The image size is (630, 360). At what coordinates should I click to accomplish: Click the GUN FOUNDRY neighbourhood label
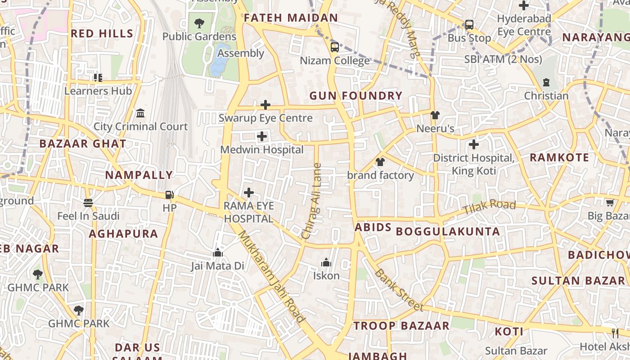pyautogui.click(x=355, y=95)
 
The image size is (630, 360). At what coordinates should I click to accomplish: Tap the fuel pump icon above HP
pyautogui.click(x=169, y=195)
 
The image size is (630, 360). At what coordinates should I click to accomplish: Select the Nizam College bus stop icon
pyautogui.click(x=334, y=47)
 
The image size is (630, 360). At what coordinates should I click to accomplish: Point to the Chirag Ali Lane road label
pyautogui.click(x=312, y=201)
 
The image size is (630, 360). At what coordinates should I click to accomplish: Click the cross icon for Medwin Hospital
pyautogui.click(x=261, y=136)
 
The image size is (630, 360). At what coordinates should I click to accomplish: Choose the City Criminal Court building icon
pyautogui.click(x=140, y=113)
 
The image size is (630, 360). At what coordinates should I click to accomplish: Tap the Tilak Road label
pyautogui.click(x=489, y=207)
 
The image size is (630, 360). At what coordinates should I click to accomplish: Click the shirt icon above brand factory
pyautogui.click(x=380, y=162)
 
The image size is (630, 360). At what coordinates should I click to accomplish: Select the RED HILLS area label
pyautogui.click(x=102, y=33)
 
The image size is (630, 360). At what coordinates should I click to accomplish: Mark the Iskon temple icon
pyautogui.click(x=326, y=262)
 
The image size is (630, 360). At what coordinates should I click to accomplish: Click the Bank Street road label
pyautogui.click(x=399, y=290)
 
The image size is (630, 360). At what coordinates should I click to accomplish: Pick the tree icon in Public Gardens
pyautogui.click(x=199, y=23)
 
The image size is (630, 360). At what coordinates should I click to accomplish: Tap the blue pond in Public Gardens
pyautogui.click(x=219, y=61)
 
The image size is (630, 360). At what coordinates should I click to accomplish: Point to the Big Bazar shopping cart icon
pyautogui.click(x=610, y=202)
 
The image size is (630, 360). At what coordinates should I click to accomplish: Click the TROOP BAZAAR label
pyautogui.click(x=401, y=326)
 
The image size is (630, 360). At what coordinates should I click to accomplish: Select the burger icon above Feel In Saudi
pyautogui.click(x=88, y=203)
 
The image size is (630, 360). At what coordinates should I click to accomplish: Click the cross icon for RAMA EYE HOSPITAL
pyautogui.click(x=248, y=193)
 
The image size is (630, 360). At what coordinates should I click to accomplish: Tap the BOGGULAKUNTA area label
pyautogui.click(x=448, y=231)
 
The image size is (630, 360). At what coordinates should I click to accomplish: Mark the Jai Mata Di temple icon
pyautogui.click(x=218, y=252)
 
